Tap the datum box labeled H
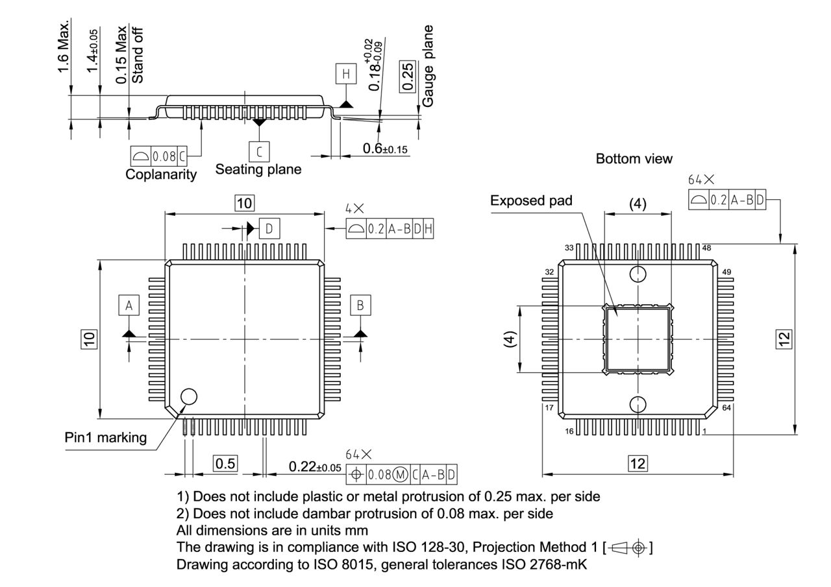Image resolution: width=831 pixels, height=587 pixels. tap(346, 75)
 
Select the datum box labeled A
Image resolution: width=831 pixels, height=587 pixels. tap(129, 305)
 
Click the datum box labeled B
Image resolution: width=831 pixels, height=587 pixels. tap(360, 305)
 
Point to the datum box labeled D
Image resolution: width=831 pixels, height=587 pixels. tap(269, 228)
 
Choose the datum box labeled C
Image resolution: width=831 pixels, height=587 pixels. tap(259, 152)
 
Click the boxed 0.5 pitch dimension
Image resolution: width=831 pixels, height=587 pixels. tap(225, 464)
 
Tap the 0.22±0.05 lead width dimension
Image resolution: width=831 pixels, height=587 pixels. tap(315, 467)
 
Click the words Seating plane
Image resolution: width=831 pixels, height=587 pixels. tap(258, 169)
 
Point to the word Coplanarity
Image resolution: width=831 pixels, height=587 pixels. tap(161, 174)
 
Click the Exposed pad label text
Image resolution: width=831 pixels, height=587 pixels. tap(531, 200)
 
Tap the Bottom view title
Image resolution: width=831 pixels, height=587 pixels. tap(634, 158)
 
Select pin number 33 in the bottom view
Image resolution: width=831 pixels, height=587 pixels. tap(569, 248)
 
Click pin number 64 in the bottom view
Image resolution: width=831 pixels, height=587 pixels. tap(726, 408)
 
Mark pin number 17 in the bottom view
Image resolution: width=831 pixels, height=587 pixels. tap(549, 408)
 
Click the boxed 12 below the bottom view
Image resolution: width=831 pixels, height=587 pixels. tap(638, 463)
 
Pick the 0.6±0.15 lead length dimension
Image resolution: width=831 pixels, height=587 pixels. tap(385, 149)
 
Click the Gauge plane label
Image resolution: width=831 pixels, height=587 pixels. tap(428, 66)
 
